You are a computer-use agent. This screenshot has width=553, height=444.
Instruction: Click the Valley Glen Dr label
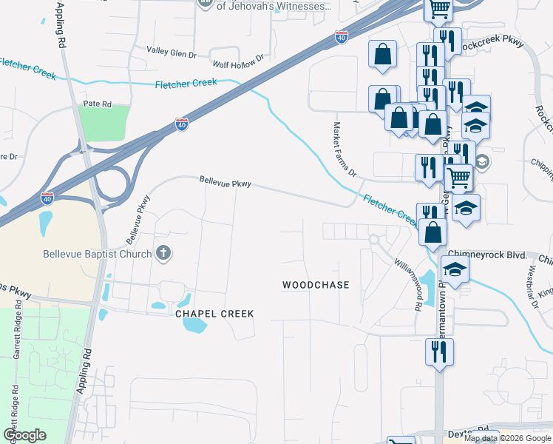coord(171,51)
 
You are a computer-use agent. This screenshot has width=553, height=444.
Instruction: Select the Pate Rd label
coord(97,104)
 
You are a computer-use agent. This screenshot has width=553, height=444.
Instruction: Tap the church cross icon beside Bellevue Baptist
coord(163,254)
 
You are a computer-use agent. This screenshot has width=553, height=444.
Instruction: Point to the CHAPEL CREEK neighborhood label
coord(214,314)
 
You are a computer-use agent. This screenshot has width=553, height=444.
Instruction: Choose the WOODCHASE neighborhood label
coord(316,285)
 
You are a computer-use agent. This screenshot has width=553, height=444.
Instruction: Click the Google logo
coord(24,435)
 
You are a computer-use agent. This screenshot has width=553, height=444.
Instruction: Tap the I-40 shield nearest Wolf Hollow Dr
coord(341,36)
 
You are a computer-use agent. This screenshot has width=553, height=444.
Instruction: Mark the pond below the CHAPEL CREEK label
coord(194,323)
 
